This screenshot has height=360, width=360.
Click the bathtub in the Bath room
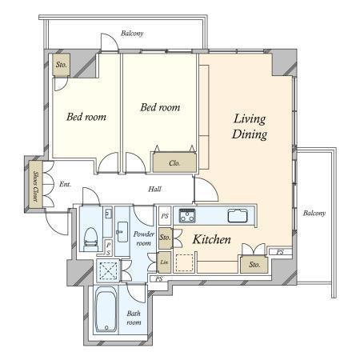pos(106,310)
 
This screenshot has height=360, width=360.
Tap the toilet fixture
pos(91,238)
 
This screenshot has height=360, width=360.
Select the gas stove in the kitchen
pos(187,215)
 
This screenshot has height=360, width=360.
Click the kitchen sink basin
pos(238,216)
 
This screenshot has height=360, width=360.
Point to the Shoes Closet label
pos(36,185)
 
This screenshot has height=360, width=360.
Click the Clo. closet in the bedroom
pos(174,162)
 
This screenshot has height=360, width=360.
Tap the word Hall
pos(154,189)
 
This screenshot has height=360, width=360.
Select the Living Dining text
pos(250,126)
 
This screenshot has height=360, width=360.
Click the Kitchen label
pos(211,239)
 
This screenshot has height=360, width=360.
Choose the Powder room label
pos(144,238)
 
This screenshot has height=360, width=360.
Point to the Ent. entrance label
pos(65,184)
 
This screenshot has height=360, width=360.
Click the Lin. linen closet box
pos(164,262)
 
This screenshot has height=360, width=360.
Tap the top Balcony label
pos(132,34)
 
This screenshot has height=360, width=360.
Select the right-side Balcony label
pos(314,213)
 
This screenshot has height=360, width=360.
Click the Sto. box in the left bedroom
pos(62,65)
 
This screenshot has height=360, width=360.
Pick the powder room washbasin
pos(122,232)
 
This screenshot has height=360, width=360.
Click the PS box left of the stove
pos(165,216)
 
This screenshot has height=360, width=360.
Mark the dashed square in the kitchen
pos(185,263)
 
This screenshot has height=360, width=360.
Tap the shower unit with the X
pos(108,270)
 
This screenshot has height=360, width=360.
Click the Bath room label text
pos(134,318)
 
